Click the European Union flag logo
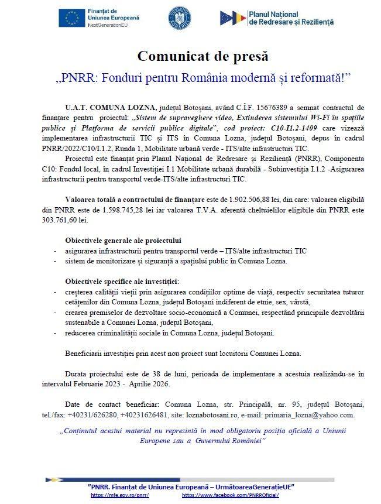[71, 18]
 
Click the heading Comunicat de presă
[202, 56]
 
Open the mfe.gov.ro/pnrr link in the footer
[121, 495]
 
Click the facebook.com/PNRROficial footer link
[231, 495]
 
